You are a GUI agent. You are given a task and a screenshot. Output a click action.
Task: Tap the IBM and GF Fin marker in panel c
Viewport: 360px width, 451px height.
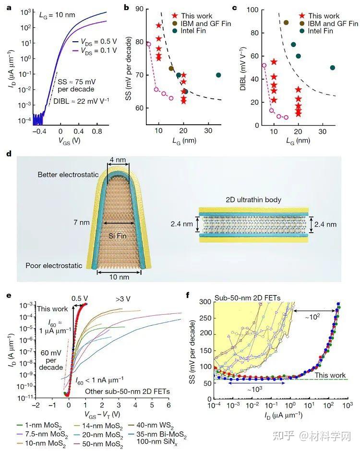tap(286, 23)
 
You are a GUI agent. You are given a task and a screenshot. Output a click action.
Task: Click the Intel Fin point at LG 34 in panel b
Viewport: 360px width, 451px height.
tap(218, 75)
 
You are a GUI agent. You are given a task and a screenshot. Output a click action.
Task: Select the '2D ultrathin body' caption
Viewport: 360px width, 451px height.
tap(254, 199)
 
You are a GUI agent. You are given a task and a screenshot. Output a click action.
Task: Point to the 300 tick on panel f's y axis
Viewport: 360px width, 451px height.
tap(204, 302)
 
